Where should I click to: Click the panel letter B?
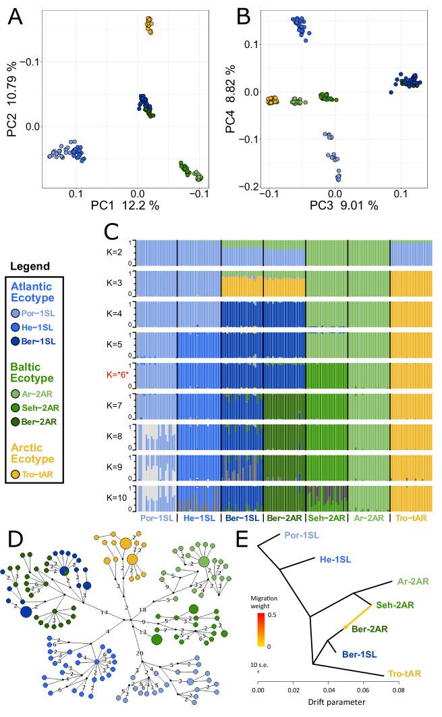coord(241,14)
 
